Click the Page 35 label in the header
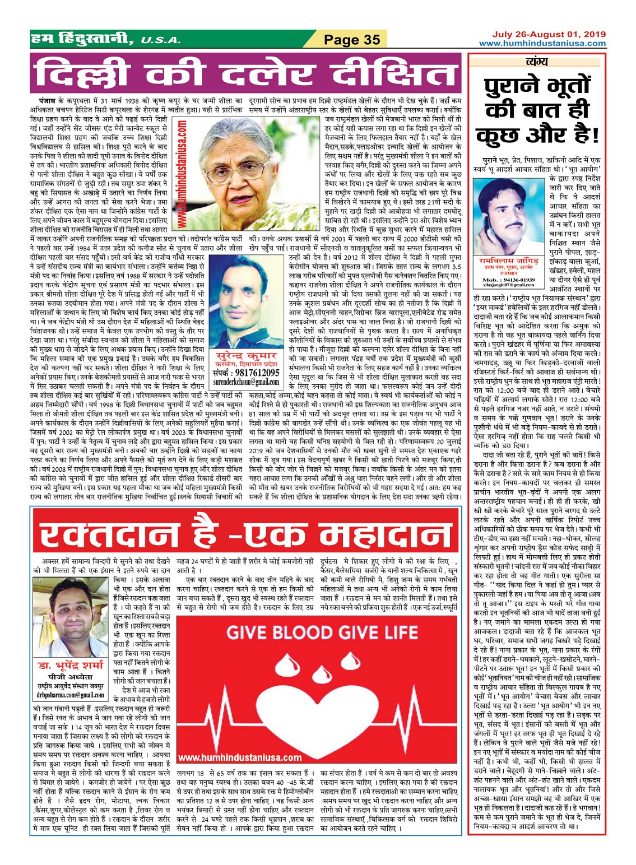[352, 39]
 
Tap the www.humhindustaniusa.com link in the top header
[542, 43]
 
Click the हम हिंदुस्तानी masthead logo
[82, 39]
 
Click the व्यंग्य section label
[537, 62]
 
